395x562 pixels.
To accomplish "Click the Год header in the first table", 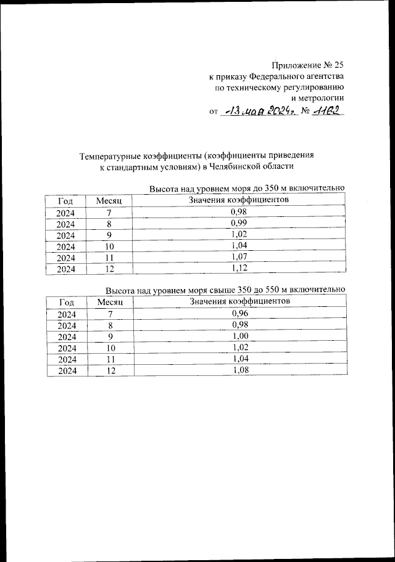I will tap(66, 201).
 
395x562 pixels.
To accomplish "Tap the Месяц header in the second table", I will tap(110, 302).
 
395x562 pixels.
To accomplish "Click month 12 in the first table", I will tap(110, 269).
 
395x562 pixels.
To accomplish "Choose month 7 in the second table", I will tap(110, 314).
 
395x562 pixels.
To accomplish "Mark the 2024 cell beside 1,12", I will tap(66, 269).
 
